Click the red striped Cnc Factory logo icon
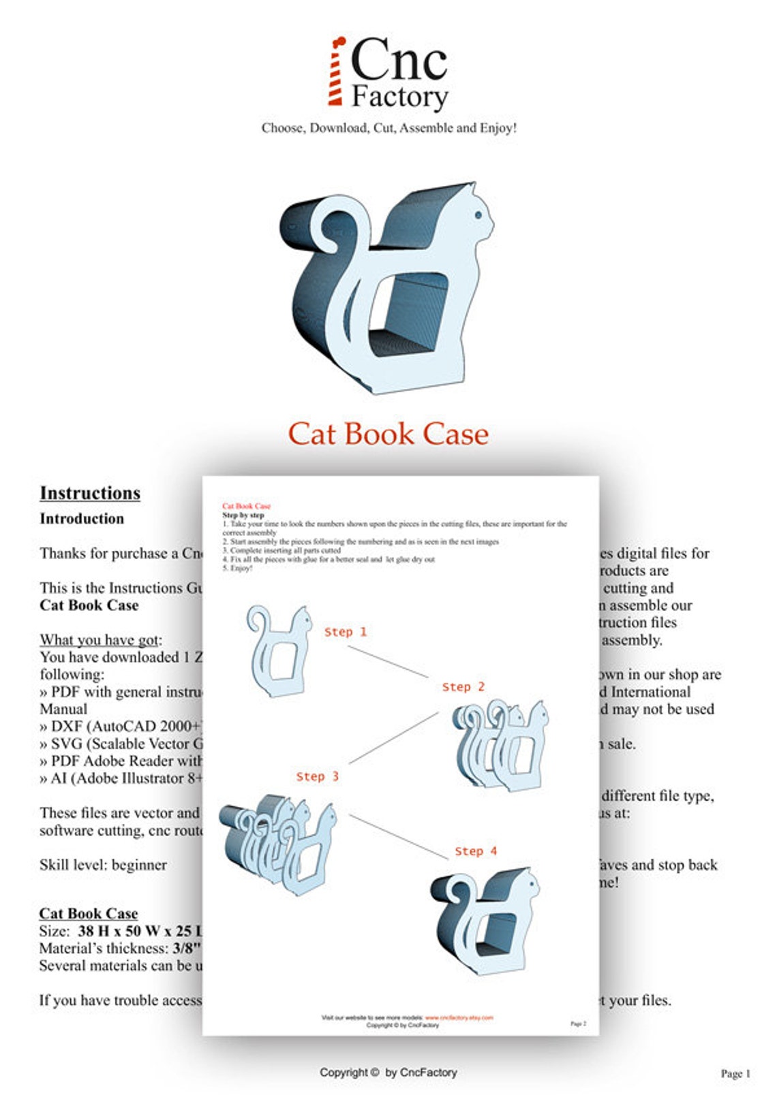335,72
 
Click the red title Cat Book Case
388,434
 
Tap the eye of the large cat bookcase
478,215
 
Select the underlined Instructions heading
90,493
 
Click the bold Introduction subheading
82,519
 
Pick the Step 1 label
345,632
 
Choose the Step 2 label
463,687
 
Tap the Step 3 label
317,776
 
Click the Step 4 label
476,851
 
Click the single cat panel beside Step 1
278,650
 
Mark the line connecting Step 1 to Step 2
388,661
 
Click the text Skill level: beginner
103,865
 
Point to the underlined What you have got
101,640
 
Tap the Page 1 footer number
735,1074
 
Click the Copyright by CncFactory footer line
388,1072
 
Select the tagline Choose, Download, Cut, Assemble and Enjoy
389,128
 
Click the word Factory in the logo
399,97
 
